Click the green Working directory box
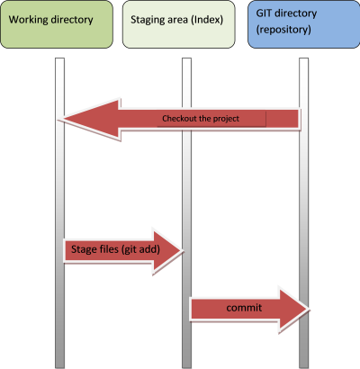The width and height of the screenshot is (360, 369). point(57,24)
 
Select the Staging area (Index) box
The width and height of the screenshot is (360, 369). point(179,24)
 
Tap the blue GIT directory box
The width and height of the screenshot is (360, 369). point(303,24)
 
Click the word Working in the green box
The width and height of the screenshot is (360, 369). point(28,20)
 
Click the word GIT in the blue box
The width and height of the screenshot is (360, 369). point(264,13)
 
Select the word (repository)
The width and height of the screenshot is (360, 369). point(283,30)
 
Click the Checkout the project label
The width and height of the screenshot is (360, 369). point(201,119)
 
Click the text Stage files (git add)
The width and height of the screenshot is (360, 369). point(115,249)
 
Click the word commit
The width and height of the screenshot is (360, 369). point(244,308)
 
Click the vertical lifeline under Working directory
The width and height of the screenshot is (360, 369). point(60,213)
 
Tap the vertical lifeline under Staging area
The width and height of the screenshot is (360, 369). point(186,213)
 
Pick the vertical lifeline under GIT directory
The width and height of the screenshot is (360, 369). point(304,213)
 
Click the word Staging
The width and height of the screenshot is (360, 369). point(147,20)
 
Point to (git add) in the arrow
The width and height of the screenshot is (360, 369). point(141,249)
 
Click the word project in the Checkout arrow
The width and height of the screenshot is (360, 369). point(226,119)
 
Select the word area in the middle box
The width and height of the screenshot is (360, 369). point(176,21)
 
